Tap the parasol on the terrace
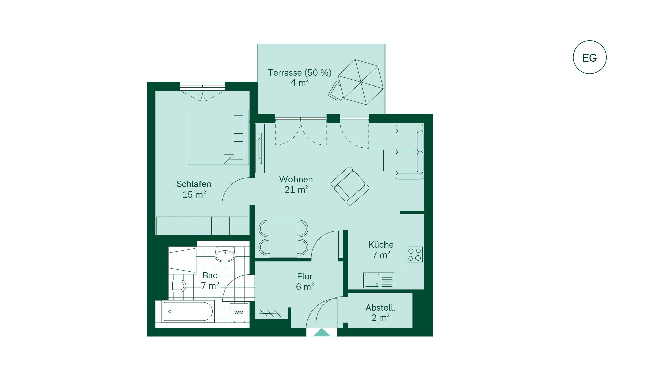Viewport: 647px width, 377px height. tap(361, 82)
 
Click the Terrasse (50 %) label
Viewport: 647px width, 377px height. tap(300, 73)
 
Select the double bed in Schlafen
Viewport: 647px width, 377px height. tap(218, 137)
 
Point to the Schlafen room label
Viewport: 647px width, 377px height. tap(194, 184)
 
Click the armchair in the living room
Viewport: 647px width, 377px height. tap(350, 186)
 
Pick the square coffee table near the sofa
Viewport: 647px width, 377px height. tap(373, 160)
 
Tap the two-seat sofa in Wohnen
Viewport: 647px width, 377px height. tap(410, 152)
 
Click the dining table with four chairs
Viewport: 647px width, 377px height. tap(283, 238)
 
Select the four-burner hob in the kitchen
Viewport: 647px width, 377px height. tap(414, 254)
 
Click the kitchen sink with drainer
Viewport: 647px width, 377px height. tap(379, 280)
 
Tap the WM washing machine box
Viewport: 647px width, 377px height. tap(239, 312)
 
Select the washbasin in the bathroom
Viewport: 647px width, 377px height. tap(225, 255)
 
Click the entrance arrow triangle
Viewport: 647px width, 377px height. tap(322, 332)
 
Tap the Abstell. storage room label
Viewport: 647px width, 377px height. tap(380, 308)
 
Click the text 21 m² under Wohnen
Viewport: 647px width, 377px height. tap(296, 190)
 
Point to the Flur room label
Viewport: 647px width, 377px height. tap(305, 276)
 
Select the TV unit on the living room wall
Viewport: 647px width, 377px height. tap(260, 148)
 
